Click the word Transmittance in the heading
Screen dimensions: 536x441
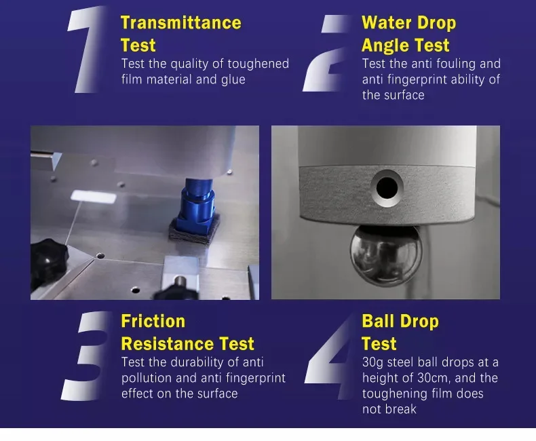(181, 23)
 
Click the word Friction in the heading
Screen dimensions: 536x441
(153, 322)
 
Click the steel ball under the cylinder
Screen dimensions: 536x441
(386, 254)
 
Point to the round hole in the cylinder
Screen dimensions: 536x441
(387, 188)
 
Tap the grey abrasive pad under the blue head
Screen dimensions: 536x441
(194, 229)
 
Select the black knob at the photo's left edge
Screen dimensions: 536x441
(48, 263)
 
